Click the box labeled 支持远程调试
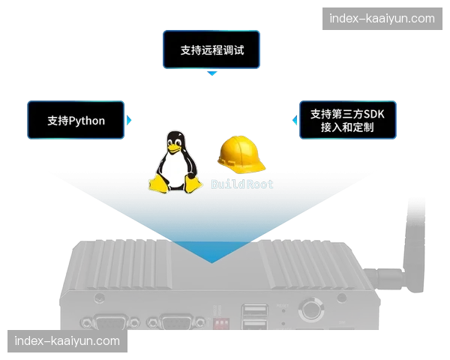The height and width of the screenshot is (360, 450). click(211, 50)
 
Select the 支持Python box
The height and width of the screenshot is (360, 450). click(76, 120)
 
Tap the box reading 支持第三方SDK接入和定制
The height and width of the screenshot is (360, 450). click(347, 120)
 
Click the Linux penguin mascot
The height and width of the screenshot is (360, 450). click(175, 163)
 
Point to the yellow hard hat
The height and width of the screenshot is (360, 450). click(238, 154)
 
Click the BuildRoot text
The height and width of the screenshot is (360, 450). click(242, 184)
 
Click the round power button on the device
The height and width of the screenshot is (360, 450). click(309, 308)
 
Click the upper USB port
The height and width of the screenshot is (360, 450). click(253, 310)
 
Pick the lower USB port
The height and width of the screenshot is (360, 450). click(253, 327)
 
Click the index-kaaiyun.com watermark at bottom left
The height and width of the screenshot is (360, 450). click(67, 341)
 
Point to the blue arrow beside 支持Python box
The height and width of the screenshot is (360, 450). click(129, 120)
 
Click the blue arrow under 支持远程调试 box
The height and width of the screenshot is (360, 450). click(212, 73)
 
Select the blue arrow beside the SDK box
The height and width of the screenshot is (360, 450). click(293, 120)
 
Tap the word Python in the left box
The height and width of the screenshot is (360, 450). click(87, 120)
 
